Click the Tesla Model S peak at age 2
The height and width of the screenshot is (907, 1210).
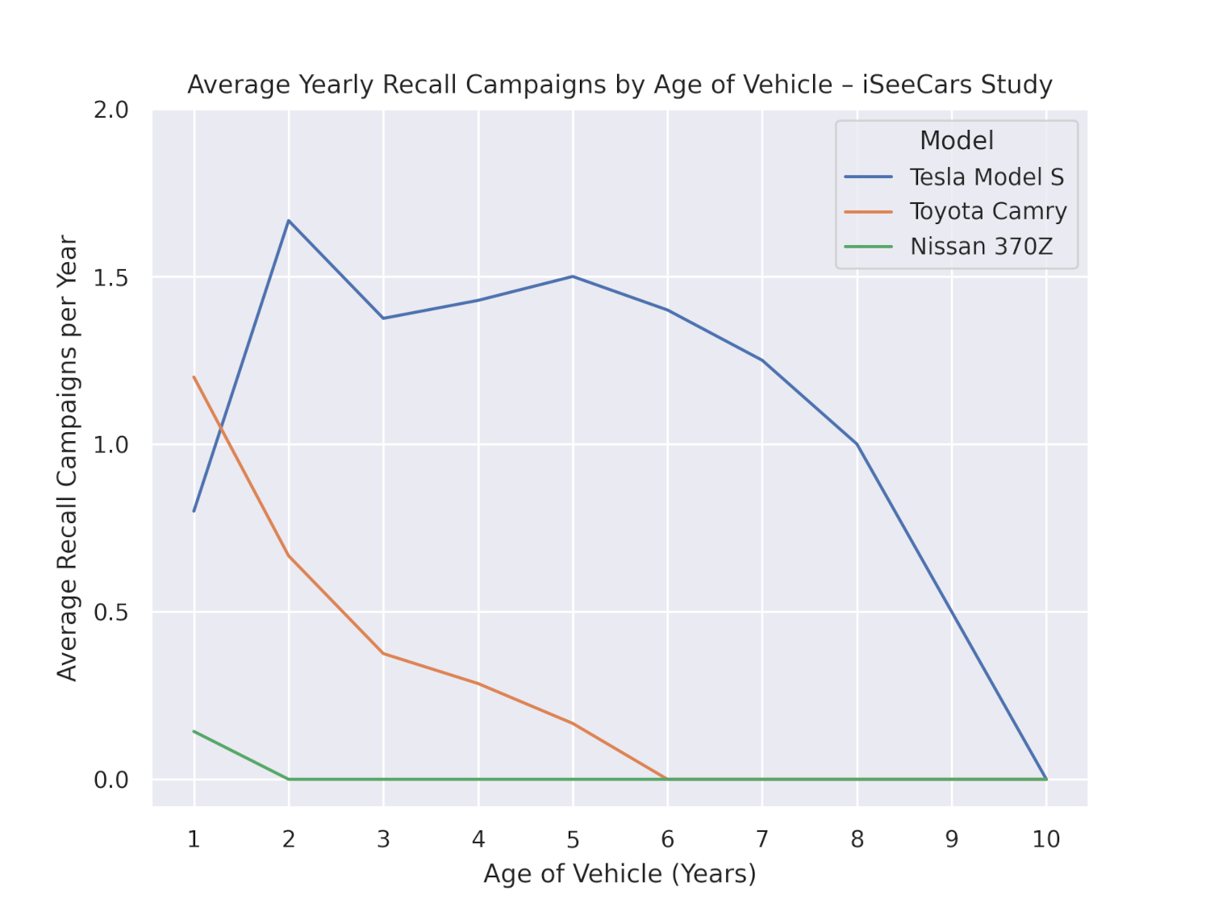point(289,220)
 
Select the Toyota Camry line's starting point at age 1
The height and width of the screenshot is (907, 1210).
point(194,377)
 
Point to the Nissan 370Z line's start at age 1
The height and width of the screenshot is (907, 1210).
point(194,731)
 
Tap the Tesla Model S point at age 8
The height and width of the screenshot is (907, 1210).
point(857,444)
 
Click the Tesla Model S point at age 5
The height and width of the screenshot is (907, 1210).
point(573,277)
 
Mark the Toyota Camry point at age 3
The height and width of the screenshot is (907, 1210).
point(383,653)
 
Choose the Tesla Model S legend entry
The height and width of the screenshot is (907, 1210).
point(987,177)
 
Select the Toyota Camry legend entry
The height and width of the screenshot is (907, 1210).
point(988,211)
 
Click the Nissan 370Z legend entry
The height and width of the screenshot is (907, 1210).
point(981,246)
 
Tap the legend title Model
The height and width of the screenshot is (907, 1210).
point(957,140)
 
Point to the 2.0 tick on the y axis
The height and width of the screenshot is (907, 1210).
point(111,110)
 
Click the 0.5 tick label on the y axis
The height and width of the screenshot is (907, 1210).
point(111,612)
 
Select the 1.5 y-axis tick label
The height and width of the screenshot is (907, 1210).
point(111,277)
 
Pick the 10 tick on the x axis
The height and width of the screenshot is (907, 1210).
point(1046,839)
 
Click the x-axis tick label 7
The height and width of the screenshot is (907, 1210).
point(762,839)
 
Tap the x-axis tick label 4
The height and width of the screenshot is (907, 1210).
point(478,839)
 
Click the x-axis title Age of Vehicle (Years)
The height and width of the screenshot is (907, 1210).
point(620,874)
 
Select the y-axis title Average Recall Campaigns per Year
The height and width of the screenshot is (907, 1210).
point(67,458)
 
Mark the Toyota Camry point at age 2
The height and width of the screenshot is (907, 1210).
point(289,555)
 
